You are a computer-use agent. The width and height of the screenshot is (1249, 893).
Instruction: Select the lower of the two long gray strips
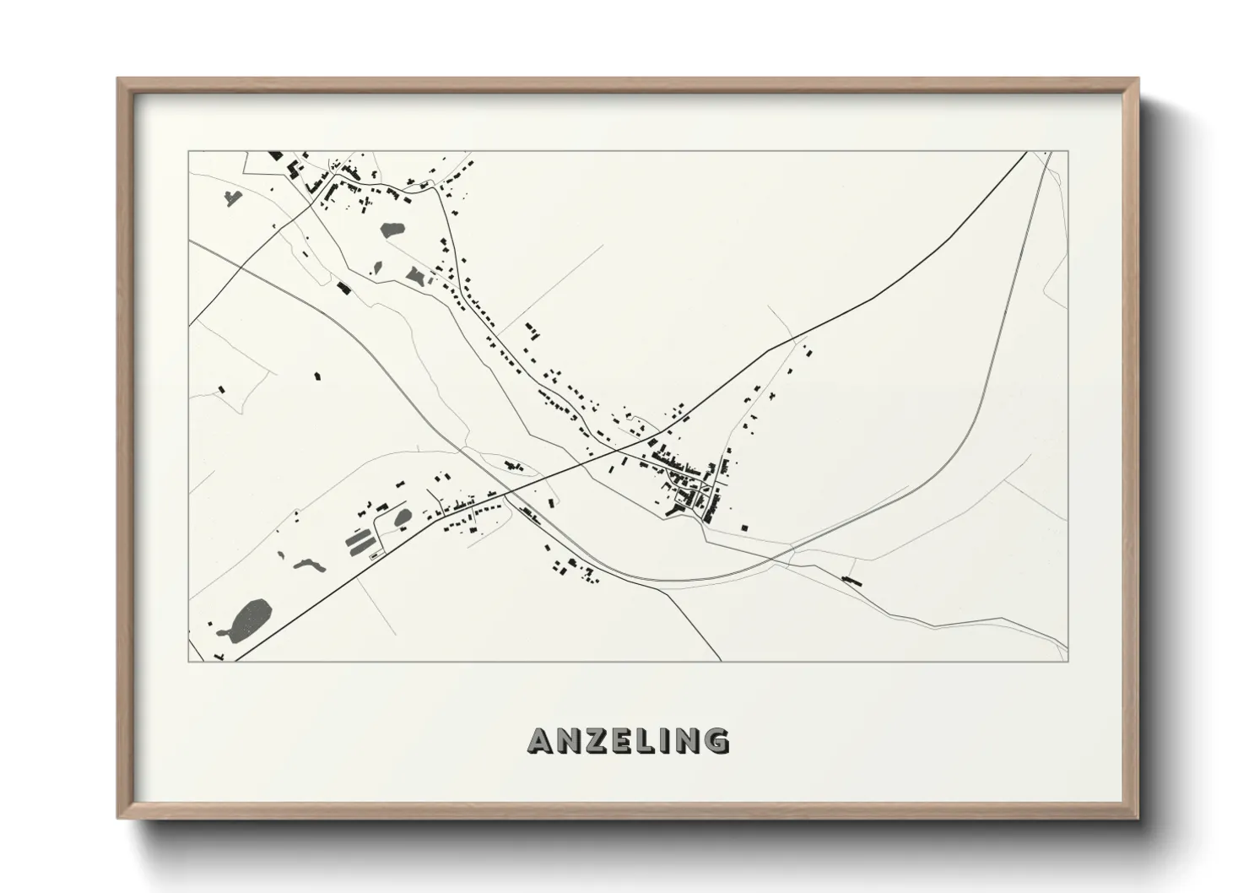[364, 548]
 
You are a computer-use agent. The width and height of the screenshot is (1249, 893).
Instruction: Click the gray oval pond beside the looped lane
[403, 517]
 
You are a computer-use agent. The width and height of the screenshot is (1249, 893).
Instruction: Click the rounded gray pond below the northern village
[392, 229]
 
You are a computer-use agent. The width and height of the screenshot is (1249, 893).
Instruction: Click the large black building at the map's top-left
[276, 155]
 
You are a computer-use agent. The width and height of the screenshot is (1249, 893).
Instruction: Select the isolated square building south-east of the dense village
[745, 528]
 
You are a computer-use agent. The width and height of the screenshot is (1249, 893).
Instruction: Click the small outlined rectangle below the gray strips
[374, 555]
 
